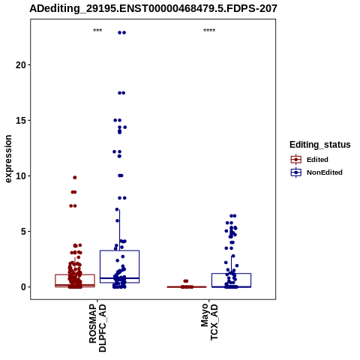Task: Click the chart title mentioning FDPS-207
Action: (x=153, y=8)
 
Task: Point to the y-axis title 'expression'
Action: (x=8, y=159)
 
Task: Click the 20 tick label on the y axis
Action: (x=21, y=65)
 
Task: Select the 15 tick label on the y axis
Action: (x=21, y=121)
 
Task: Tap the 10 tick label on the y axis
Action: (x=21, y=176)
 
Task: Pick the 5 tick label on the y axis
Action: (x=24, y=232)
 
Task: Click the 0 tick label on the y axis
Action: (x=24, y=287)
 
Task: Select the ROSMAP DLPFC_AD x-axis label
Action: (x=97, y=328)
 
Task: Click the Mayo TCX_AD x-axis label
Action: (x=209, y=322)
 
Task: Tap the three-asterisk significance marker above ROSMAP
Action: (x=97, y=31)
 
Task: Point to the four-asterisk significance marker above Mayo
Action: (x=209, y=31)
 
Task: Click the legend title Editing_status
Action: (x=320, y=145)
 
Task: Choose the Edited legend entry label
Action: (x=317, y=160)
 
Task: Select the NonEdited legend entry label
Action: (x=325, y=172)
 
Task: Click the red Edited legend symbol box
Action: (x=296, y=160)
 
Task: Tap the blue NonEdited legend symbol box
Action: (x=296, y=172)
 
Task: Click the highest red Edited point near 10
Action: (x=75, y=178)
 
